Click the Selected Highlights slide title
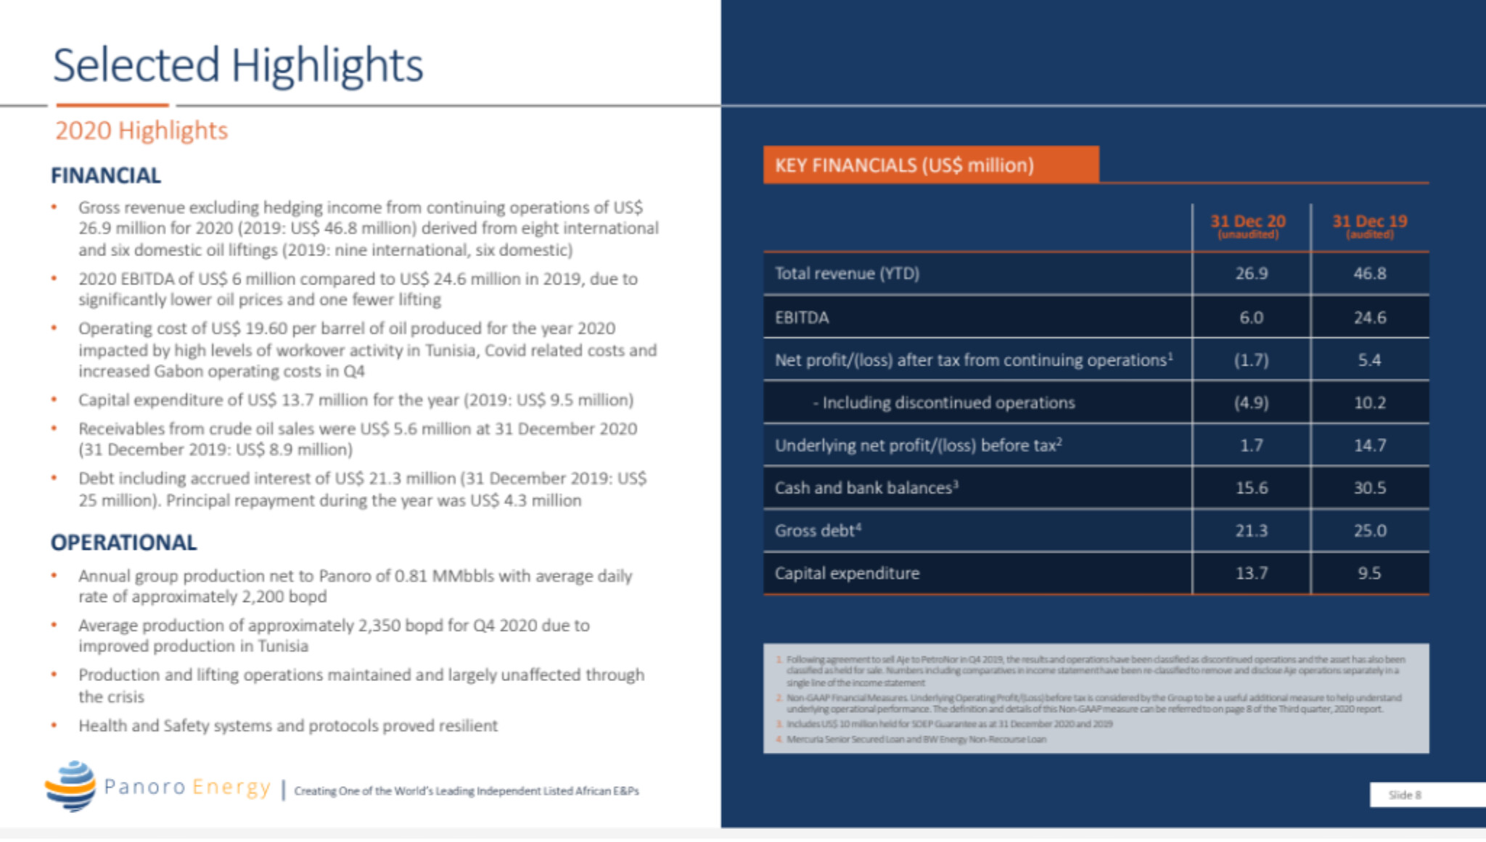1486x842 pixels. click(238, 65)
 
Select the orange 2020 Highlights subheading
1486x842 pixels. click(141, 131)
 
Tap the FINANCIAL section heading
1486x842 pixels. click(106, 176)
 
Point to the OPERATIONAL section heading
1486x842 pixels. click(123, 542)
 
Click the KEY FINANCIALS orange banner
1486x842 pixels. click(930, 165)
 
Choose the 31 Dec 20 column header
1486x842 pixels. click(1248, 225)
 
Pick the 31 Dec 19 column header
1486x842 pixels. click(1369, 225)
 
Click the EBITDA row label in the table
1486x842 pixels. click(802, 318)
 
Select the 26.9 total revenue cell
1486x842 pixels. click(1252, 273)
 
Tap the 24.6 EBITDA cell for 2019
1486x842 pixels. click(1369, 318)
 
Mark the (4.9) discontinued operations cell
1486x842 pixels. click(1252, 403)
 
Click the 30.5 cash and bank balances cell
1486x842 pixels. click(1369, 488)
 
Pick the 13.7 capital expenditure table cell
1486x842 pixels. click(1252, 573)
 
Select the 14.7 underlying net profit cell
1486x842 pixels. click(1369, 445)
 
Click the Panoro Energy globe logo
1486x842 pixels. click(70, 785)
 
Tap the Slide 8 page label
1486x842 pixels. click(1405, 795)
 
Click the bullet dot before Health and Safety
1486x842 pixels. click(54, 725)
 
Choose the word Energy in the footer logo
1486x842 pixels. click(231, 787)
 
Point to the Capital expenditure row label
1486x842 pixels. click(847, 573)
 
